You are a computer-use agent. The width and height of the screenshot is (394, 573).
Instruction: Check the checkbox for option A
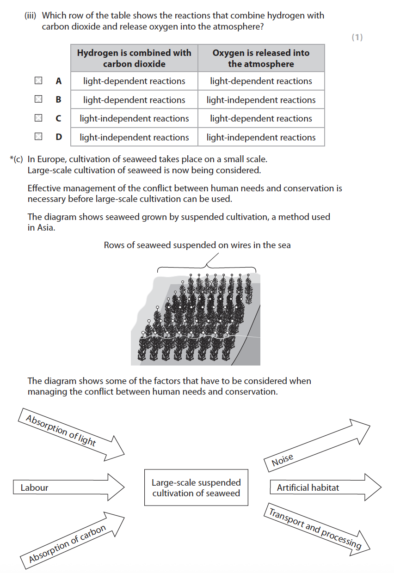[x=38, y=81]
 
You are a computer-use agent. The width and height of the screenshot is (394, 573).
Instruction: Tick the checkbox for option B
[x=38, y=99]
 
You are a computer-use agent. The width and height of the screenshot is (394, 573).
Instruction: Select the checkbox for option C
[x=38, y=118]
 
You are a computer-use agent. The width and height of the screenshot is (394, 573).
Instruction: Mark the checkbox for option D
[x=38, y=137]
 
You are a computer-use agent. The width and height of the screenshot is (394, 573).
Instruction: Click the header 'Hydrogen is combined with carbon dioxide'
[x=134, y=58]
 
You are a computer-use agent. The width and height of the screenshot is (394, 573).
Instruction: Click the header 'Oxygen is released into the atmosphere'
[x=261, y=58]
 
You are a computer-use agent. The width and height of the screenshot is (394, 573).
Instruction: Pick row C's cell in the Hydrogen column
[x=134, y=118]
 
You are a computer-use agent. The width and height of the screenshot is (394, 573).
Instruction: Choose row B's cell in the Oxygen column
[x=261, y=100]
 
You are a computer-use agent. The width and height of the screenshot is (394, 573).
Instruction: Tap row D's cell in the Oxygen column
[x=261, y=137]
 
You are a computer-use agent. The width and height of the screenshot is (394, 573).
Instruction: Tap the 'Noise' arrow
[x=314, y=446]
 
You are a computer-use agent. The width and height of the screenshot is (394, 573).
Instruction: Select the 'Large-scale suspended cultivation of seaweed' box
[x=196, y=488]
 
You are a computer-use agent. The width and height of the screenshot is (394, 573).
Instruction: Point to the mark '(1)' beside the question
[x=357, y=37]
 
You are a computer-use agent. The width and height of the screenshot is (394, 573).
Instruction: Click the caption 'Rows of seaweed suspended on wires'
[x=197, y=245]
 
